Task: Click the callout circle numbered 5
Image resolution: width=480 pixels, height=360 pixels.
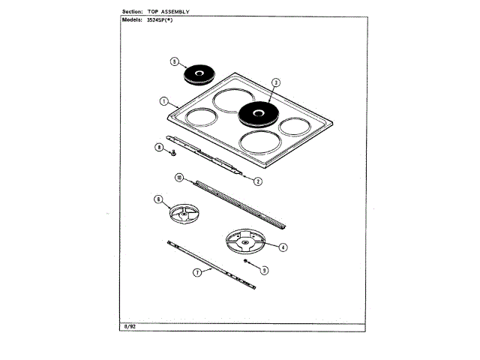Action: (x=173, y=62)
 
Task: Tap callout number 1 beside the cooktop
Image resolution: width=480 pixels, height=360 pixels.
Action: (x=163, y=101)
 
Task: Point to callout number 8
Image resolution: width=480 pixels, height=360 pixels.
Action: (x=159, y=148)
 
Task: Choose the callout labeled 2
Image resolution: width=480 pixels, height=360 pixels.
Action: (x=257, y=181)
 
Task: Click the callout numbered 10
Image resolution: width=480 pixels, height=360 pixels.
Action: (x=179, y=178)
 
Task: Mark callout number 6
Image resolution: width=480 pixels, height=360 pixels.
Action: (x=159, y=199)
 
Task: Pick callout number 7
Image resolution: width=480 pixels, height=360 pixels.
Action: (x=197, y=273)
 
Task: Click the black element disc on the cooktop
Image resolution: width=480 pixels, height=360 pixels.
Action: (x=258, y=115)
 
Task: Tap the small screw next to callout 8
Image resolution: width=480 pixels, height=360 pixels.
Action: (x=172, y=153)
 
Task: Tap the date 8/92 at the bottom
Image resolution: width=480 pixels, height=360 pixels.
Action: (x=127, y=327)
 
